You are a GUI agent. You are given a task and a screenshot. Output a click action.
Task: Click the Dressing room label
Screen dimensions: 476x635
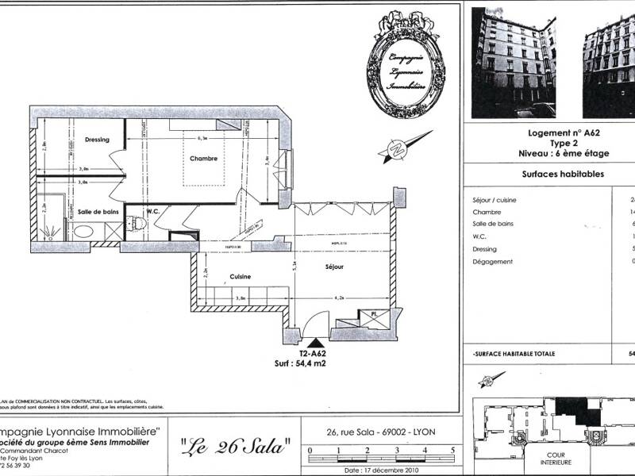tap(97, 140)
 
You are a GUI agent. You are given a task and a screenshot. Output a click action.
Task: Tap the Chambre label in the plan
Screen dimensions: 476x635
tap(203, 159)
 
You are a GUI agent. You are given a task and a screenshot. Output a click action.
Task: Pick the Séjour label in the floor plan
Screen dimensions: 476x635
tap(334, 267)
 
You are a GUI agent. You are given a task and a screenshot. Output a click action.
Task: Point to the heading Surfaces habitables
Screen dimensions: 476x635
tap(563, 174)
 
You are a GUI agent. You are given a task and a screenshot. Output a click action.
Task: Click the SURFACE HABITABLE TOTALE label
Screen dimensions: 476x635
tap(514, 353)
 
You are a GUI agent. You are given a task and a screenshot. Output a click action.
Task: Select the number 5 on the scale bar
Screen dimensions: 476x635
tap(452, 449)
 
